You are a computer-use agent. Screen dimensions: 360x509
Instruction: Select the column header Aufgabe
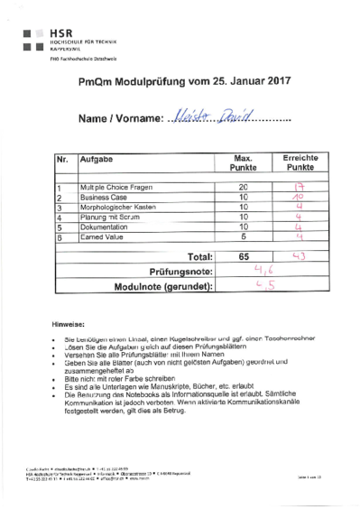(x=97, y=159)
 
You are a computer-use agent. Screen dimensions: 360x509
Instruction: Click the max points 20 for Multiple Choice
(x=243, y=187)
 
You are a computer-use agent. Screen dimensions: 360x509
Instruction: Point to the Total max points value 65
(x=243, y=257)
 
